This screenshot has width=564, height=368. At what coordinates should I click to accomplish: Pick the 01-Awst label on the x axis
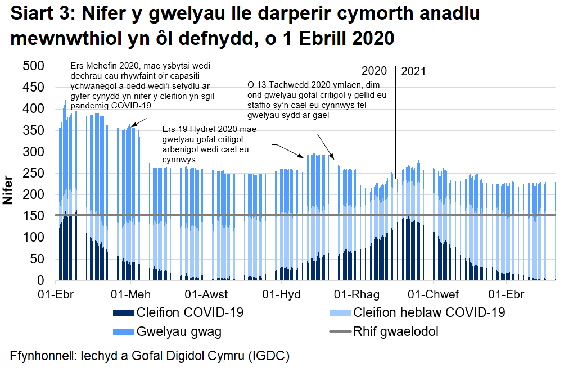pyautogui.click(x=206, y=295)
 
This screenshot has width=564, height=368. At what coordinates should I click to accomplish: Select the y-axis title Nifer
pyautogui.click(x=8, y=189)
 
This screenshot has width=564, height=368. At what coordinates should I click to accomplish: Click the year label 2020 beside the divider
pyautogui.click(x=374, y=71)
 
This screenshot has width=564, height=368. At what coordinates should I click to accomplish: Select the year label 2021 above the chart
pyautogui.click(x=414, y=71)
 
